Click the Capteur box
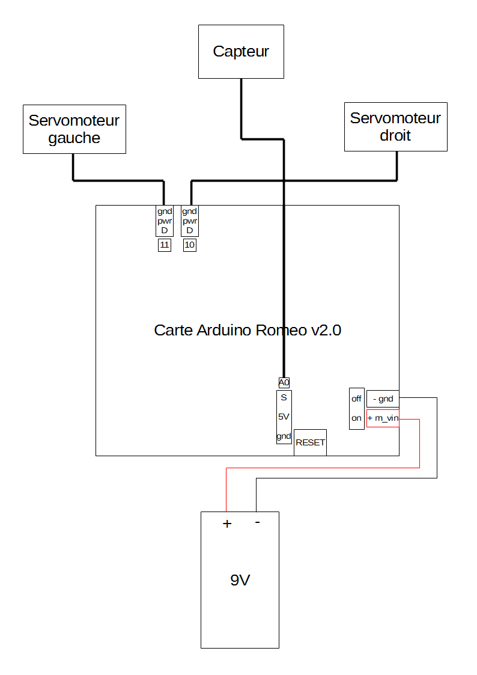coord(241,52)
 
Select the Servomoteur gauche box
coord(74,129)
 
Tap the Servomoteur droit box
coord(396,127)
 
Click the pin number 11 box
coord(164,245)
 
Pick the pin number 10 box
coord(190,245)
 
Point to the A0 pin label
coord(284,382)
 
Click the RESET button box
coord(310,442)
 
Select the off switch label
coord(356,399)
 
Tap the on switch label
coord(356,418)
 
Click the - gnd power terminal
coord(383,399)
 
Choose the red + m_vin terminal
coord(383,418)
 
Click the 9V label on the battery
coord(240,580)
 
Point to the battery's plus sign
coord(227,524)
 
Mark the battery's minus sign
coord(257,522)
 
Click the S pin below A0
coord(284,397)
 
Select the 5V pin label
coord(284,417)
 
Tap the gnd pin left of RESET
coord(284,436)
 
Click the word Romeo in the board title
coord(281,330)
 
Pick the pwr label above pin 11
coord(164,221)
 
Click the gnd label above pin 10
coord(190,212)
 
